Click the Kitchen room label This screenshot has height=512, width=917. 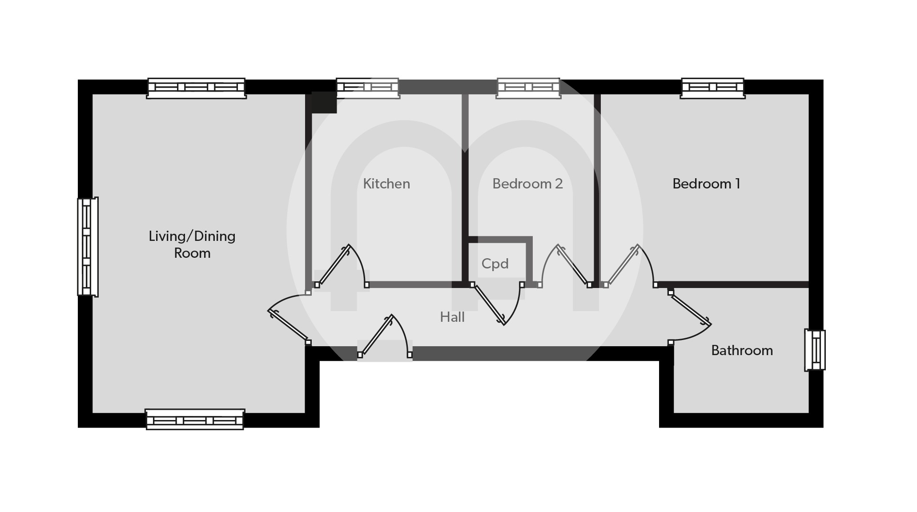click(386, 184)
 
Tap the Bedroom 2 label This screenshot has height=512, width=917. click(527, 184)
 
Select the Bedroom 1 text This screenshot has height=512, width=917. click(706, 184)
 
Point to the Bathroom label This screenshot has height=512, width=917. click(742, 350)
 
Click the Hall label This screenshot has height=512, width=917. click(452, 317)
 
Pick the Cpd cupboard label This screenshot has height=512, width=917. click(495, 264)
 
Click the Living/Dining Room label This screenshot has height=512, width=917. click(192, 244)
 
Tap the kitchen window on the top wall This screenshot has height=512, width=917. click(367, 88)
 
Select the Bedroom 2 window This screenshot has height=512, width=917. click(528, 88)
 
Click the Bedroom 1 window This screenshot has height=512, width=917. click(713, 88)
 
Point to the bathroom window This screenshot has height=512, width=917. click(815, 350)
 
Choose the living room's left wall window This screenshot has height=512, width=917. click(88, 247)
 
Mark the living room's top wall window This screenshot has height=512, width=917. click(196, 88)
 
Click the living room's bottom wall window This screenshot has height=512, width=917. click(195, 419)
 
